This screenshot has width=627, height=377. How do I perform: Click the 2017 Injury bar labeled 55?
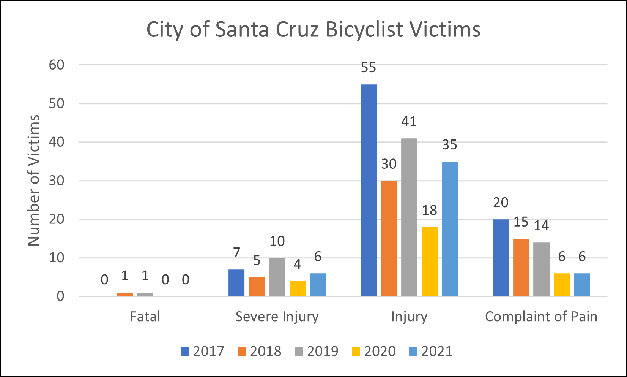coord(368,190)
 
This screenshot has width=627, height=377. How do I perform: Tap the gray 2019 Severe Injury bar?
coord(277,277)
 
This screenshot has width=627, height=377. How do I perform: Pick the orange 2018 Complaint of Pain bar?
coord(521,267)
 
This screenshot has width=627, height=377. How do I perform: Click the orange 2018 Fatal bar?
coord(125,294)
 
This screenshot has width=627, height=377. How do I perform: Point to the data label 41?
coord(409,122)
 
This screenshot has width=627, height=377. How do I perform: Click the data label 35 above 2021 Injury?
coord(449,145)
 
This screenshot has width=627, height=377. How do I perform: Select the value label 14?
coord(541,226)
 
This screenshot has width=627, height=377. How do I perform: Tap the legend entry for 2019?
coord(316,351)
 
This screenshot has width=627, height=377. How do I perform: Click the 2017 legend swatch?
coord(185,352)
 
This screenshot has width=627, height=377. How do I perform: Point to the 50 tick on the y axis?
coord(57,103)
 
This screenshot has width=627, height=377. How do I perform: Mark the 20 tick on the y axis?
coord(57,219)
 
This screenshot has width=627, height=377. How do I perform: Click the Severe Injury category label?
coord(277,317)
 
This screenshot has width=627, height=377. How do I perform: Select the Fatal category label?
coord(145,317)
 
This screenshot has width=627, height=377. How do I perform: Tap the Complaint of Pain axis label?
coord(541,317)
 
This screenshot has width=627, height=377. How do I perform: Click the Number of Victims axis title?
coord(34,181)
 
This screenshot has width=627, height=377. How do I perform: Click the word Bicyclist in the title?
coord(364,30)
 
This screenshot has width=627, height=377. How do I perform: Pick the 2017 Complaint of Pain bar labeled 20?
coord(501,258)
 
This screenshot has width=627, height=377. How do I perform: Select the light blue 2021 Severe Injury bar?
coord(317,284)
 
